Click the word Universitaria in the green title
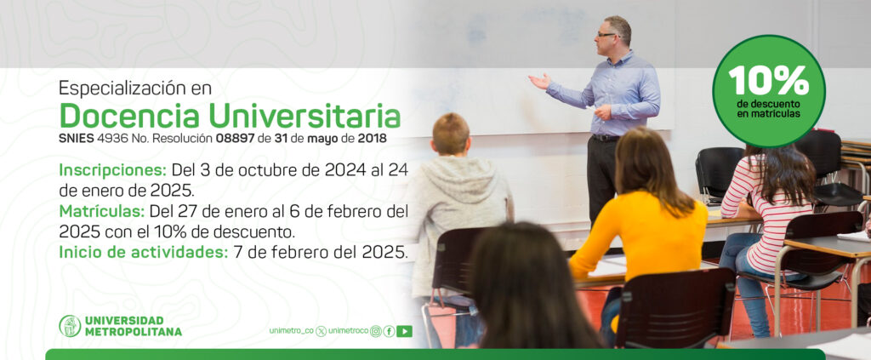[x=305, y=116]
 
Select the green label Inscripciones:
[x=113, y=170]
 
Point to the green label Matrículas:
[x=102, y=211]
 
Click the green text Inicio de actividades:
[x=143, y=252]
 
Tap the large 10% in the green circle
[x=768, y=81]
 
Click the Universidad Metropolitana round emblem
[x=70, y=326]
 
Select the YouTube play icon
[x=404, y=331]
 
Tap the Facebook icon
[x=389, y=331]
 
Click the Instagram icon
[x=376, y=331]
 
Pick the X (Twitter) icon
[x=321, y=331]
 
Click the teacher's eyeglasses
[x=606, y=35]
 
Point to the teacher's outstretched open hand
[x=539, y=82]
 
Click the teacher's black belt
[x=605, y=138]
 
